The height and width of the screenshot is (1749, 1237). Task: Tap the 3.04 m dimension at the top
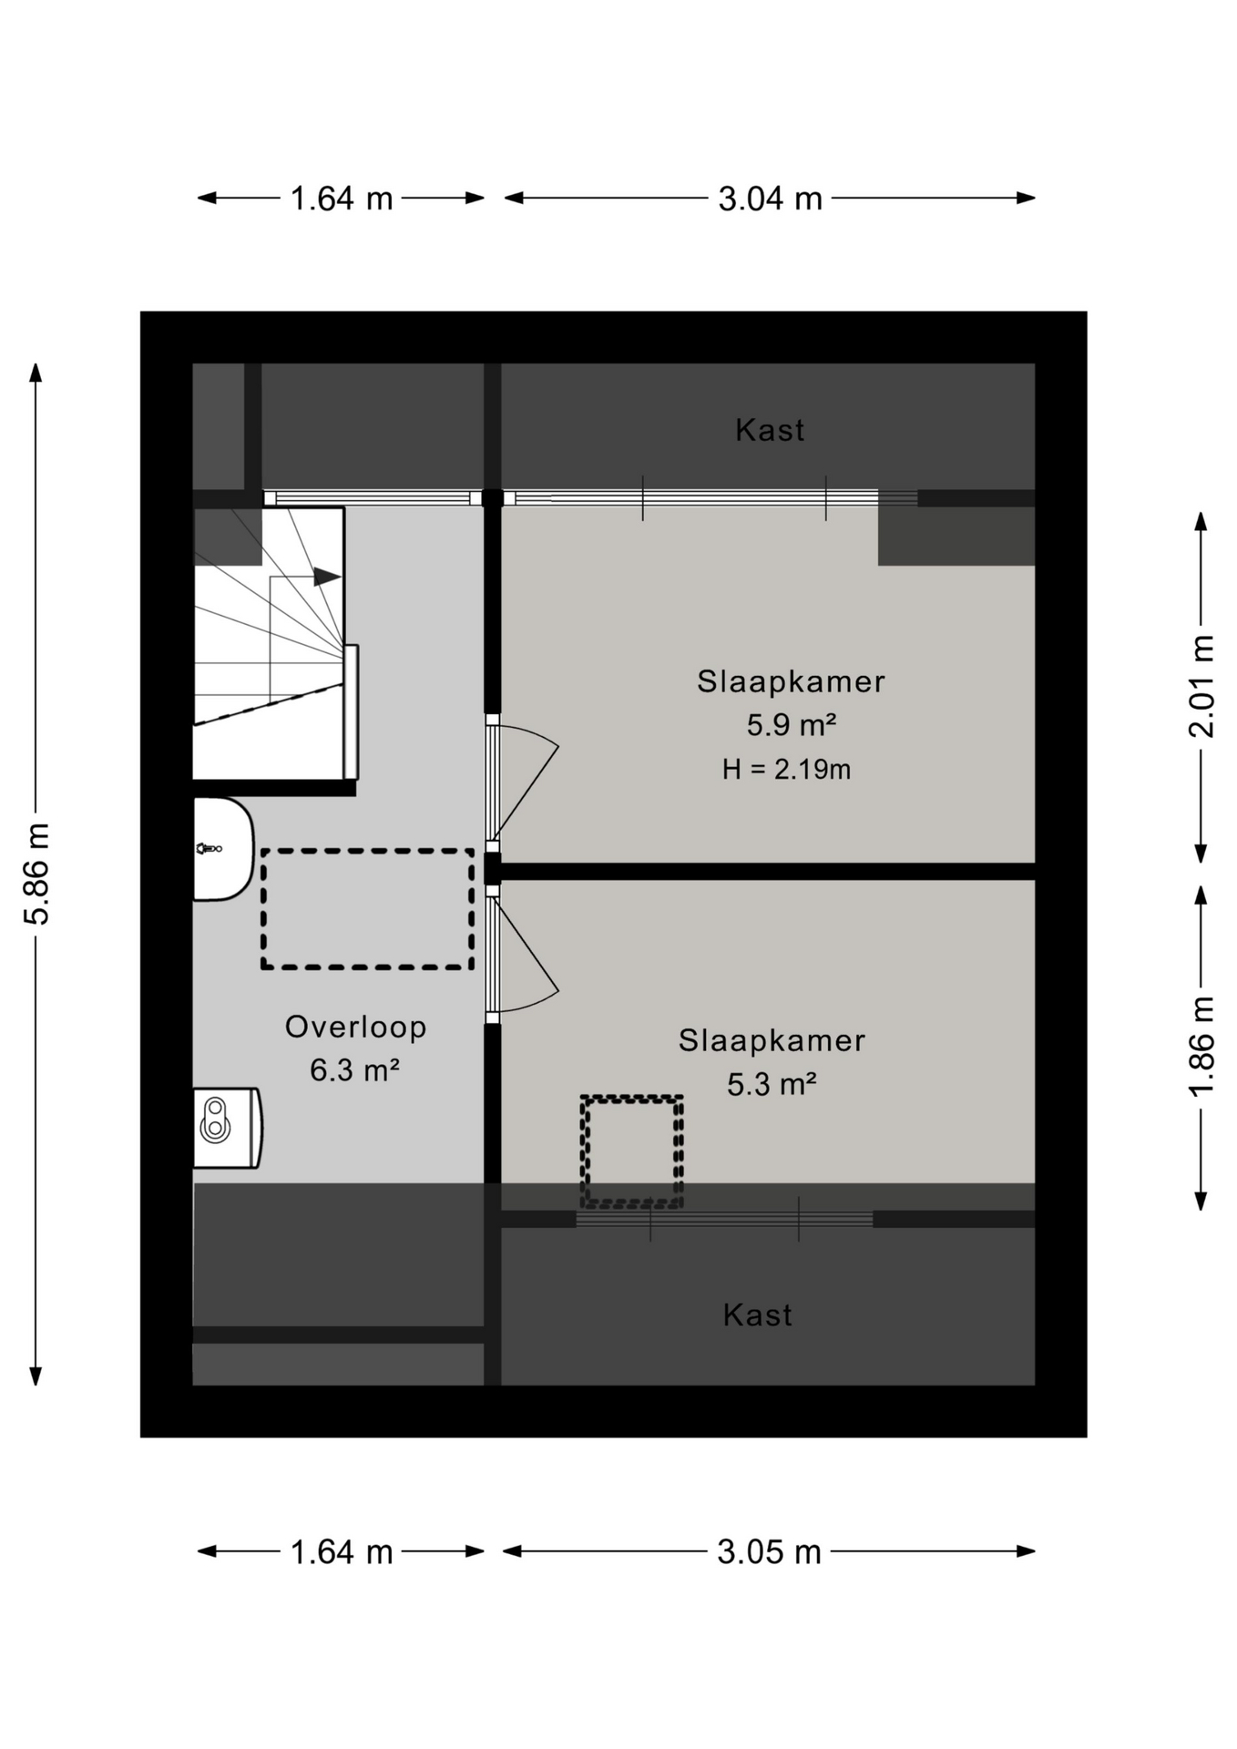(770, 199)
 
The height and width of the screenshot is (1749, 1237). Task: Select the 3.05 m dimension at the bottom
(769, 1552)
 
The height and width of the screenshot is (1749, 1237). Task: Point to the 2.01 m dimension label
(1201, 687)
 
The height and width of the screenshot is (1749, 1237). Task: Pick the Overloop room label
(356, 1027)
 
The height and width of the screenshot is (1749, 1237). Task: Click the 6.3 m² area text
(355, 1069)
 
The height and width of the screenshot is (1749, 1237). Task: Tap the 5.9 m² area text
(792, 725)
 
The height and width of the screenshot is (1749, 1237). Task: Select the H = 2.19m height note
(787, 770)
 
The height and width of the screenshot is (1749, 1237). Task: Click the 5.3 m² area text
(772, 1084)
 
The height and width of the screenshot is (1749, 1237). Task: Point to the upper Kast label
(770, 430)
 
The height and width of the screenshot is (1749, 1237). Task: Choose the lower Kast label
(758, 1315)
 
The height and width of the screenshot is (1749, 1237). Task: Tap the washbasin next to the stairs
(223, 849)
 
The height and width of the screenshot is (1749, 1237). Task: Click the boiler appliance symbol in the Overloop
(228, 1128)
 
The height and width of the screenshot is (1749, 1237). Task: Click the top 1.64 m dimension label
(342, 199)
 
